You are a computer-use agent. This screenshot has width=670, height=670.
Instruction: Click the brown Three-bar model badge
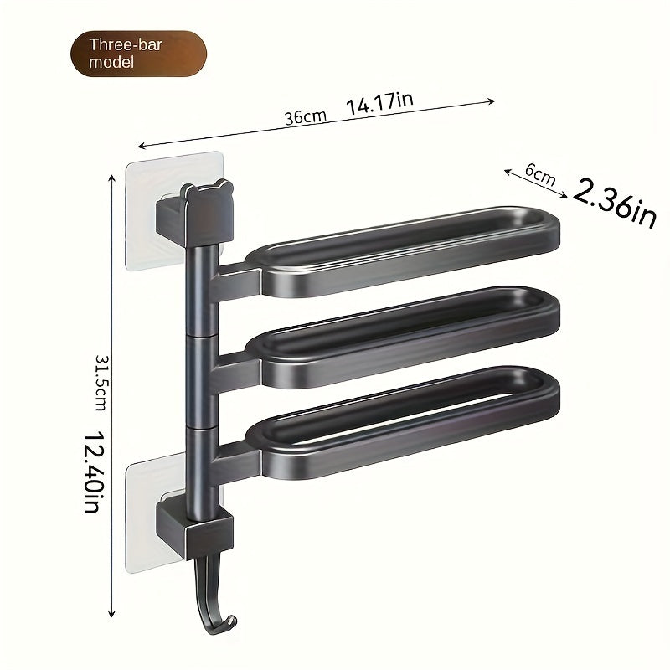pyautogui.click(x=137, y=54)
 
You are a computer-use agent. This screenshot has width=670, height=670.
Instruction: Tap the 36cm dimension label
pyautogui.click(x=305, y=117)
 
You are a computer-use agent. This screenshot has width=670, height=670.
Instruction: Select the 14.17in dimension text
pyautogui.click(x=379, y=103)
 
